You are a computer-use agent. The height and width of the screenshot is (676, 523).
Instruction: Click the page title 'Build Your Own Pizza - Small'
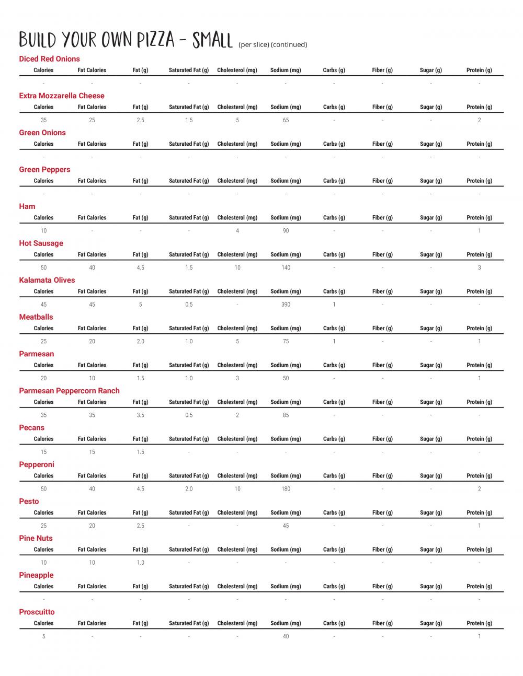tap(126, 40)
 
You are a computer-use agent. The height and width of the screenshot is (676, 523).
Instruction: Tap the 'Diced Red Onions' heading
tap(49, 59)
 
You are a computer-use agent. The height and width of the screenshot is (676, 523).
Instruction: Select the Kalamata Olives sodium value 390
tap(286, 305)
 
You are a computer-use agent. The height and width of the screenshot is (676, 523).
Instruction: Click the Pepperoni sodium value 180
tap(286, 489)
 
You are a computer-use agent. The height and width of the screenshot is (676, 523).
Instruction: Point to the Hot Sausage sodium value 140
tap(286, 267)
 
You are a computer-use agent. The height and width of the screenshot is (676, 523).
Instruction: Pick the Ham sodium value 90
tap(286, 231)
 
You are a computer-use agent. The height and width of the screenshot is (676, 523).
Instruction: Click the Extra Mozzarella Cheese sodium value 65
tap(286, 120)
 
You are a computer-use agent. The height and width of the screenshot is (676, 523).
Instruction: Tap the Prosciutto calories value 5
tap(43, 636)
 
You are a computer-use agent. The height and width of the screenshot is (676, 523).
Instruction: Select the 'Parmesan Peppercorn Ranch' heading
tap(69, 391)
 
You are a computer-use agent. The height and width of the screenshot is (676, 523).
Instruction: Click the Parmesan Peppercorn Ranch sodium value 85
tap(286, 415)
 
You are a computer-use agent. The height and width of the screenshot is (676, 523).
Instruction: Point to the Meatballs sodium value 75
tap(286, 342)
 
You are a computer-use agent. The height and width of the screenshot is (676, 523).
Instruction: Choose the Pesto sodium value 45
tap(286, 526)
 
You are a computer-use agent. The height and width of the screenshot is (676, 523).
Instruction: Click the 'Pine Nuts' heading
tap(36, 538)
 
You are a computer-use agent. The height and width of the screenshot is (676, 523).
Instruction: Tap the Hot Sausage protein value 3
tap(479, 267)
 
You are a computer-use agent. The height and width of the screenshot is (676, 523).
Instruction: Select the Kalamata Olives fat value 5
tap(140, 305)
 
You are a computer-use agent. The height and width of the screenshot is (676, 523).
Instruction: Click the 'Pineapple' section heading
tap(36, 575)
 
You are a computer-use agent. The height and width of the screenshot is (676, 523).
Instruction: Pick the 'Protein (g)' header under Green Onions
tap(479, 144)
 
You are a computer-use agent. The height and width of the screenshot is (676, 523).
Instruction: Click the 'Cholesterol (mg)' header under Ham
tap(237, 218)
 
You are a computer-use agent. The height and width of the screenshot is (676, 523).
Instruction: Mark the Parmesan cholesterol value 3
tap(237, 378)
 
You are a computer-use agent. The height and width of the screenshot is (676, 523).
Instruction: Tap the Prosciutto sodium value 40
tap(286, 636)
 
